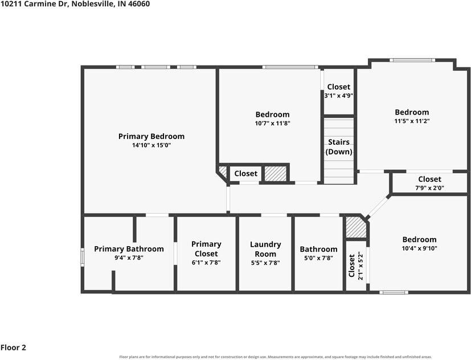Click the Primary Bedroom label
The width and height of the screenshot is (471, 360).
[x=151, y=137]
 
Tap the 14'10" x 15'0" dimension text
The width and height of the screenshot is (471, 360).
[x=151, y=145]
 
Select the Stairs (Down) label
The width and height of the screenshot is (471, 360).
[x=339, y=146]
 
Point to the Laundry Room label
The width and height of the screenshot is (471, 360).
[x=265, y=249]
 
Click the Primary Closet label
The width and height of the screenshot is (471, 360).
[x=206, y=249]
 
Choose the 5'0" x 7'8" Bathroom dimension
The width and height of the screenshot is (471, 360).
[x=318, y=258]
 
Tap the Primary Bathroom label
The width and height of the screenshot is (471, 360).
[x=129, y=249]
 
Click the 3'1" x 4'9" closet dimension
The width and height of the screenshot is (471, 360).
[x=338, y=96]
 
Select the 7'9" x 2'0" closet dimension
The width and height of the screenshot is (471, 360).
[x=429, y=188]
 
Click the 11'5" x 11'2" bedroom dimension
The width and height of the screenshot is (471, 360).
[x=412, y=121]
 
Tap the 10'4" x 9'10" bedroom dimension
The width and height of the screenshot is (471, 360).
[x=419, y=248]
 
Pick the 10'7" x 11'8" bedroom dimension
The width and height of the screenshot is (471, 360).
[x=272, y=123]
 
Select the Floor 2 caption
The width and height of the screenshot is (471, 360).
[x=13, y=347]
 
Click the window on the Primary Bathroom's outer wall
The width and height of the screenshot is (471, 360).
[x=83, y=257]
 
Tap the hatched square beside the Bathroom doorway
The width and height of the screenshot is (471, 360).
[x=356, y=227]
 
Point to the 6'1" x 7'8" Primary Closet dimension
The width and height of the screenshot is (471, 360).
[x=206, y=263]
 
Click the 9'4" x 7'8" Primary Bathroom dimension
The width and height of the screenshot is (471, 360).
[x=129, y=258]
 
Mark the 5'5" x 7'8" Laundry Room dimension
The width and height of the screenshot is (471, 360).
[x=265, y=263]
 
